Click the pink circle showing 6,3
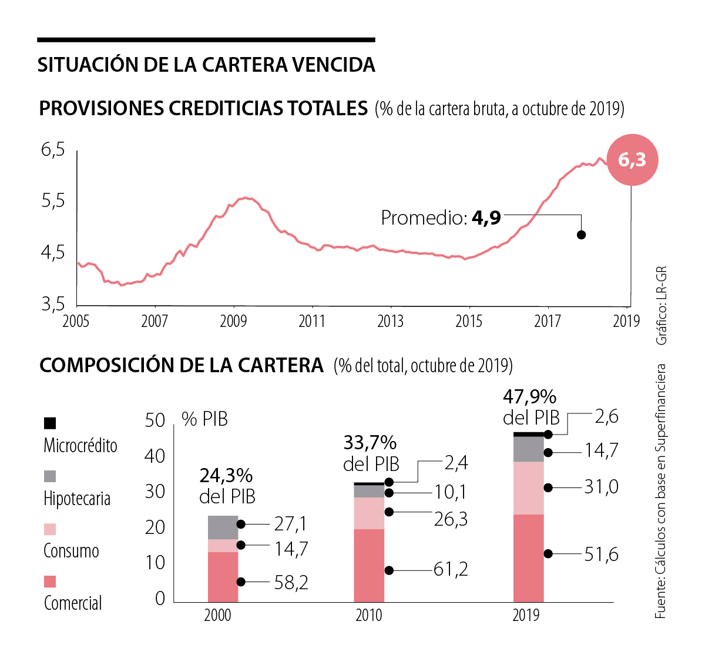tap(632, 160)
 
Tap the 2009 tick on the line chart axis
tap(233, 321)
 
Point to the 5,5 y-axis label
tap(53, 201)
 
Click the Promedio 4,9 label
tap(441, 218)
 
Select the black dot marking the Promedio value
tap(582, 235)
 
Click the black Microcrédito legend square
tap(50, 423)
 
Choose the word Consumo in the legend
tap(71, 551)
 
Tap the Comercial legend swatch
tap(50, 582)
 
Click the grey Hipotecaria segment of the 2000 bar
tap(223, 527)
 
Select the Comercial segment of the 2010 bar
tap(369, 565)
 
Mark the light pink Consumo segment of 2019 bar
tap(529, 488)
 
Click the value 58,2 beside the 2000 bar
tap(291, 582)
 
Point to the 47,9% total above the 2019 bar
tap(529, 398)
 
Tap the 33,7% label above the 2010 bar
tap(370, 442)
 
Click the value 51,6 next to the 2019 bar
tap(601, 555)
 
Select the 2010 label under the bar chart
tap(368, 615)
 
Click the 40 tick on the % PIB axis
tap(155, 456)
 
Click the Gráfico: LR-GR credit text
tap(662, 306)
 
